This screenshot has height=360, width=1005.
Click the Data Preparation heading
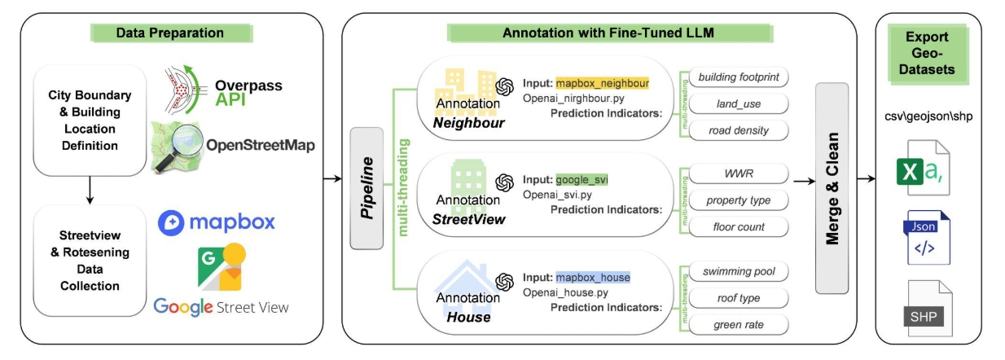169,33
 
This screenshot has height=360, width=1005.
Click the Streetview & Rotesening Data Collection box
90,258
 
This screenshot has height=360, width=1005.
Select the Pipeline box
366,188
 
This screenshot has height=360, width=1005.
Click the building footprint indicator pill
739,77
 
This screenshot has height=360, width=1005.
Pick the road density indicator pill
738,130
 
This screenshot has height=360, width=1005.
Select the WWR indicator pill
739,174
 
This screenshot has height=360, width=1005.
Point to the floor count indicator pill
739,227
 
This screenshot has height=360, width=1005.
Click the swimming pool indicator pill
739,271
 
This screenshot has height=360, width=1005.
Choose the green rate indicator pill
739,325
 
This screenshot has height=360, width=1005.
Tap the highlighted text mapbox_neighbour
603,83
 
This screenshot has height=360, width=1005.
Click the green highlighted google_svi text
583,179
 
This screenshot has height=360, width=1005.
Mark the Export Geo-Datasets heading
928,54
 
